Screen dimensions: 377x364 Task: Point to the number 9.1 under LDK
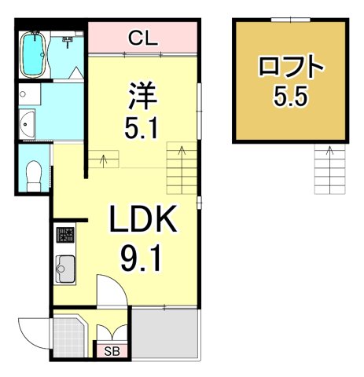coord(144,257)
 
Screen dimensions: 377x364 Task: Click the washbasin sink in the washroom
coord(29,123)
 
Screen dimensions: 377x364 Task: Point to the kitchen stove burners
coord(64,236)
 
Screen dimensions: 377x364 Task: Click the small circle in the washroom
coord(24,93)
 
